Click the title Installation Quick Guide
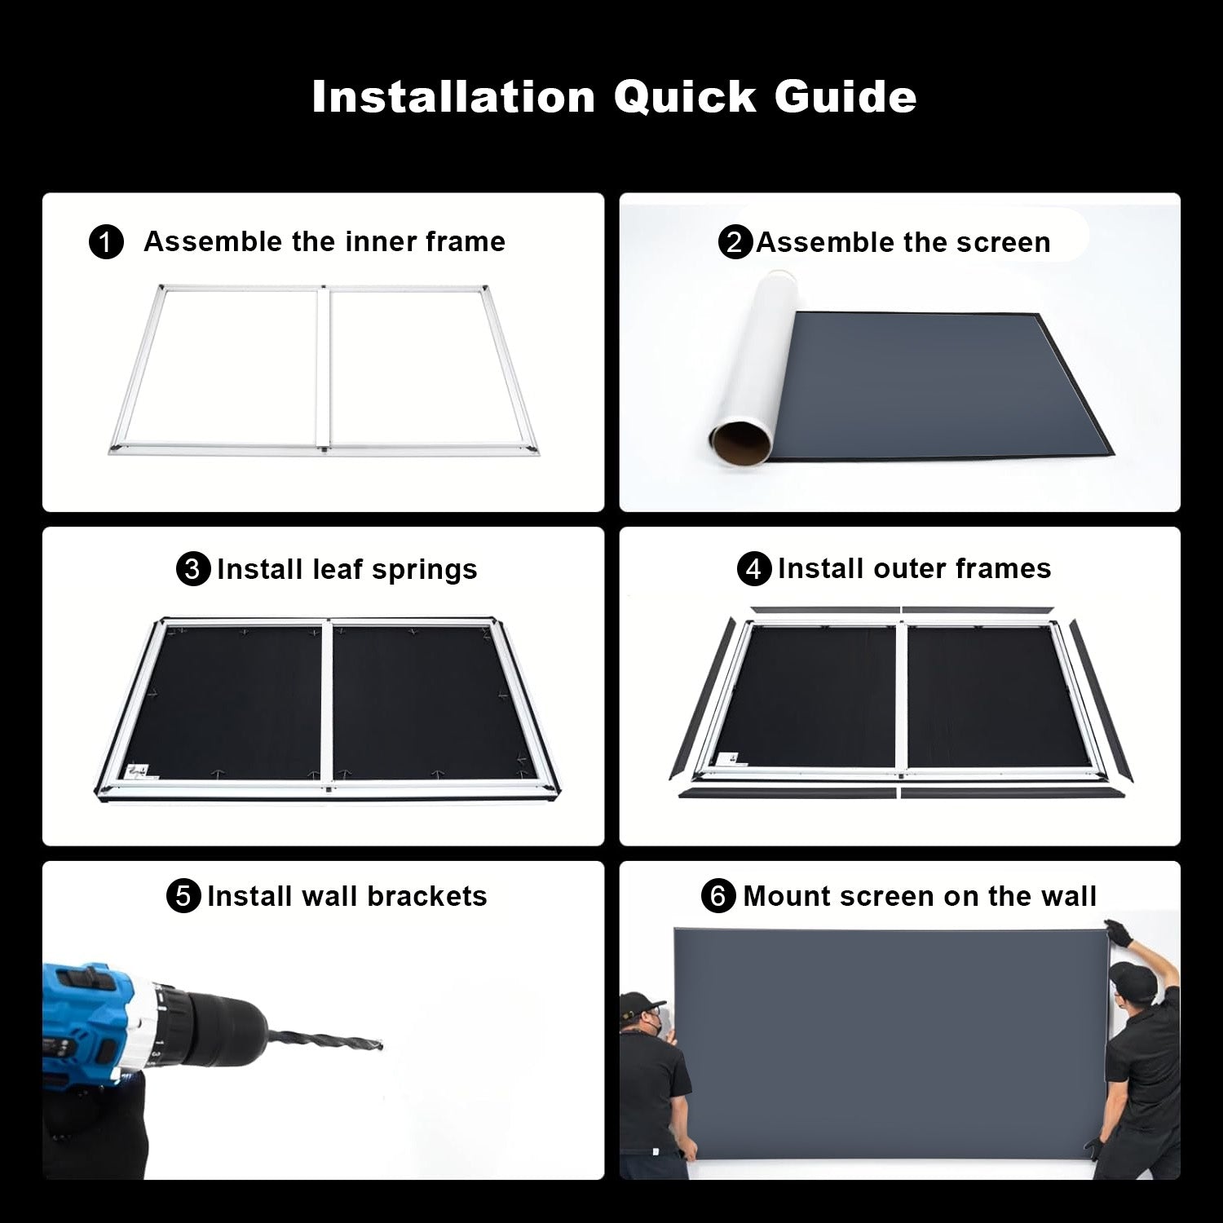(614, 97)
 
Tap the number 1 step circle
(106, 243)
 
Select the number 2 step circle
(735, 243)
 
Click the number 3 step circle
(193, 569)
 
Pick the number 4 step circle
(753, 569)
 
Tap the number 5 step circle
(183, 896)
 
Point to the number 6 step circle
(718, 896)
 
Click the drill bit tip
(378, 1045)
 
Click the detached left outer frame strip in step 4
(700, 701)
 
